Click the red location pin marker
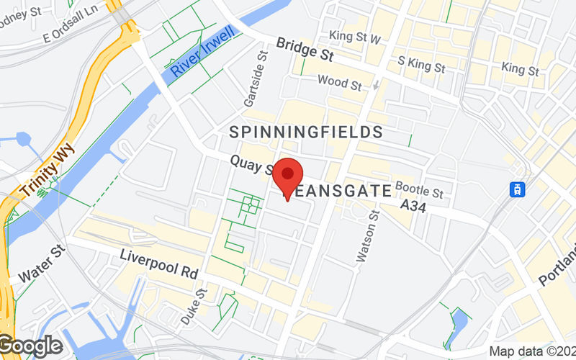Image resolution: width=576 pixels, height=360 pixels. point(288,177)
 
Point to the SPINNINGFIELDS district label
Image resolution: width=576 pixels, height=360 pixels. point(306,132)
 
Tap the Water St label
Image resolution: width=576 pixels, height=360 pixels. point(41,265)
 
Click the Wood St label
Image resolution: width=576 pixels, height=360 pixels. point(339,84)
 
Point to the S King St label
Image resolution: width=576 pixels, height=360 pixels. point(423,66)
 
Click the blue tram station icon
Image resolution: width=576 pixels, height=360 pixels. point(516,189)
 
